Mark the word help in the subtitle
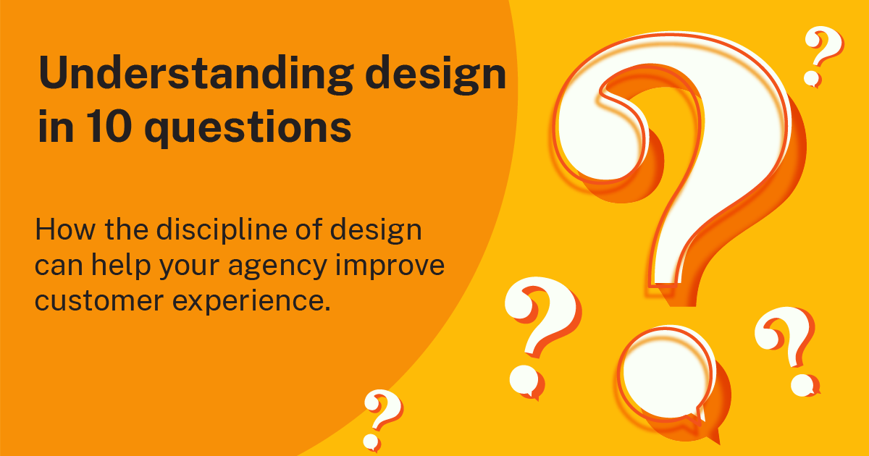click(x=137, y=267)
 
